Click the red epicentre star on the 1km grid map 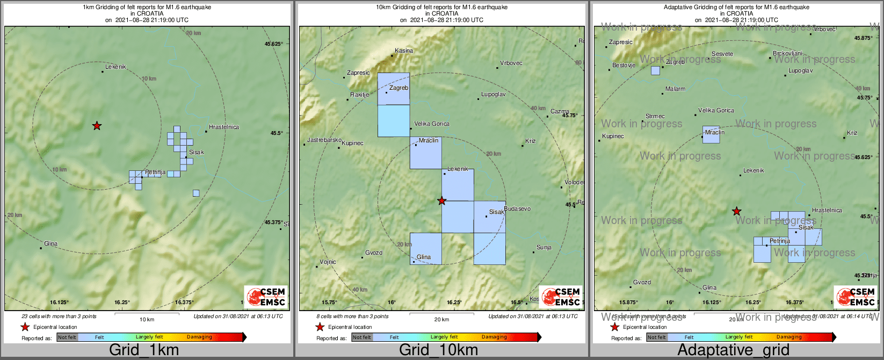pos(97,126)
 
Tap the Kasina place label pos(404,51)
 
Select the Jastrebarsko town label pos(324,140)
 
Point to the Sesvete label pos(722,54)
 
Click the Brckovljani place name pos(787,54)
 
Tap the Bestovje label pos(624,66)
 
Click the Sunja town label pos(544,248)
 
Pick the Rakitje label pos(360,95)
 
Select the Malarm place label pos(675,89)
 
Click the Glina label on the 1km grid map pos(50,244)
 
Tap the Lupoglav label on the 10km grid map pos(493,95)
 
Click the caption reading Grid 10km pos(438,350)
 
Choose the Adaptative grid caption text pos(733,350)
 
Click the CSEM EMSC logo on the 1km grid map pos(266,297)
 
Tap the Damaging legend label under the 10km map pos(494,337)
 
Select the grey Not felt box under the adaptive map pos(656,337)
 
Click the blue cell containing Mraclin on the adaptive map pos(711,135)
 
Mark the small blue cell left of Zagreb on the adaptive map pos(655,70)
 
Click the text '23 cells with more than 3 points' pos(59,316)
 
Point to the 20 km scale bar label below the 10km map pos(441,320)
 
